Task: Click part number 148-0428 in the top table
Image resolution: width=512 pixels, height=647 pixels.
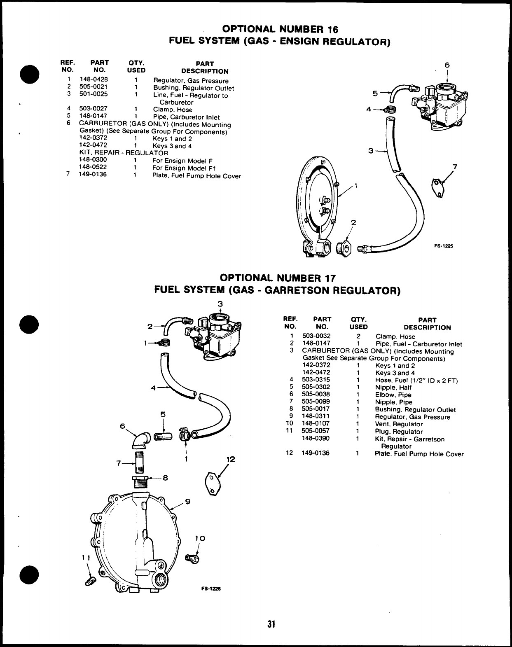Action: click(x=94, y=80)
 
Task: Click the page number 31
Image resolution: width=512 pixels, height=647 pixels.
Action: click(x=271, y=624)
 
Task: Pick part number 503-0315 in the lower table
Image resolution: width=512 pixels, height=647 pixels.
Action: click(x=316, y=380)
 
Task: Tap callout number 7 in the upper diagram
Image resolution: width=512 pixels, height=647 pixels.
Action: click(x=455, y=167)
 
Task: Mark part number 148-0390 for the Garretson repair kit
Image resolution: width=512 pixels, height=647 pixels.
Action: click(x=316, y=439)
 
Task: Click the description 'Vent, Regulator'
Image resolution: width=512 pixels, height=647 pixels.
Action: click(x=399, y=424)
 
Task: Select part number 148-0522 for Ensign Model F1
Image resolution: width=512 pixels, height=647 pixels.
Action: click(x=93, y=168)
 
